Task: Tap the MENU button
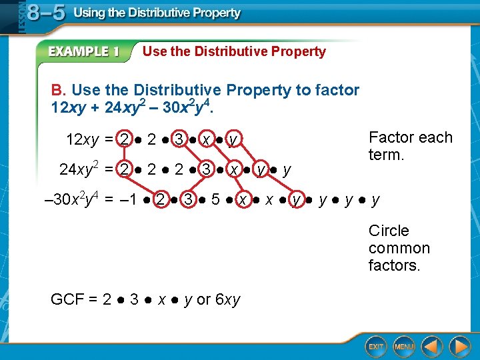click(x=404, y=347)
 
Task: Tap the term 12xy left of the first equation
click(x=82, y=140)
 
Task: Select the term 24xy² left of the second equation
click(x=79, y=169)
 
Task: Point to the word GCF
click(x=67, y=300)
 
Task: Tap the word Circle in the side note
click(x=389, y=231)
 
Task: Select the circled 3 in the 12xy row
click(x=178, y=139)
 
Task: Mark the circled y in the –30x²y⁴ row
click(x=296, y=199)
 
